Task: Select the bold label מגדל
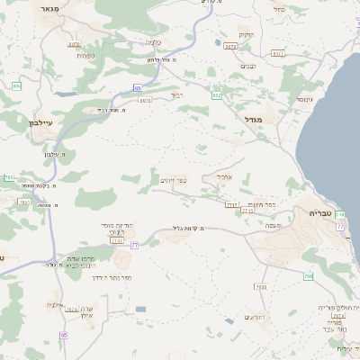coord(252,118)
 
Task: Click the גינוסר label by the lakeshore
coord(304,99)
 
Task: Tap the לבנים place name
coord(251,66)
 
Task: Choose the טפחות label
coord(86,56)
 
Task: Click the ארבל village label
coord(225,176)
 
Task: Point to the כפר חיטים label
coord(261,203)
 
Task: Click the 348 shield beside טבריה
coord(340,215)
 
